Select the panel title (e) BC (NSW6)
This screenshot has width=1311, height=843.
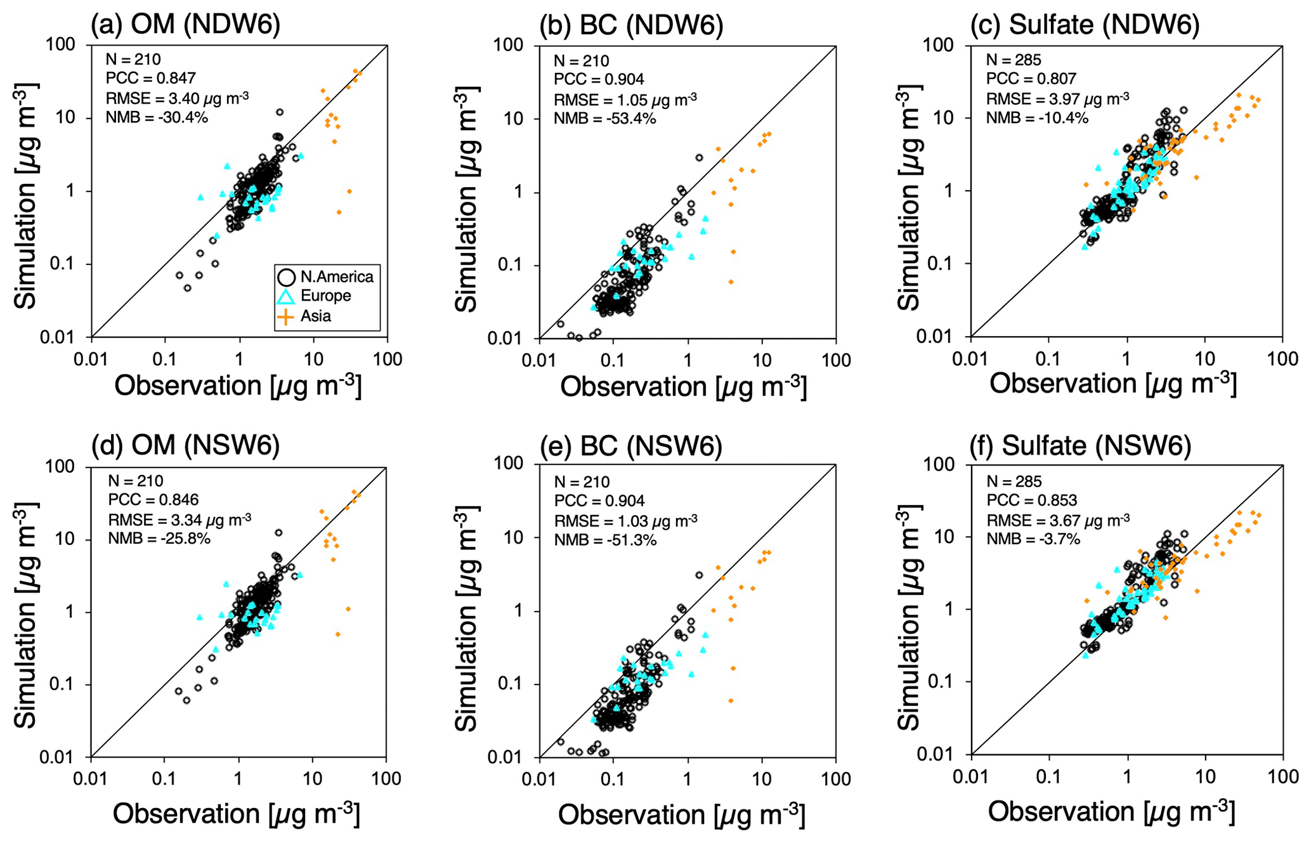[631, 447]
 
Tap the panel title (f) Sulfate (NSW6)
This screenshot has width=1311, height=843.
[1080, 446]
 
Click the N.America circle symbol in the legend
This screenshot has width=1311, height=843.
[286, 277]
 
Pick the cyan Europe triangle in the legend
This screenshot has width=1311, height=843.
[286, 296]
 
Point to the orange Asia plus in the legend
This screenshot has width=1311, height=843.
[286, 316]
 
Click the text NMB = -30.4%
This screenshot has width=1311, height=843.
[157, 117]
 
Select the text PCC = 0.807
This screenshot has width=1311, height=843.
[1031, 79]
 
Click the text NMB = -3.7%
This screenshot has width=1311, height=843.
[1033, 539]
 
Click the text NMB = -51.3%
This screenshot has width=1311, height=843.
[605, 540]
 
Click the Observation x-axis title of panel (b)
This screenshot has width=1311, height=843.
[683, 387]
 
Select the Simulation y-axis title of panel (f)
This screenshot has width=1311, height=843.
[908, 619]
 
